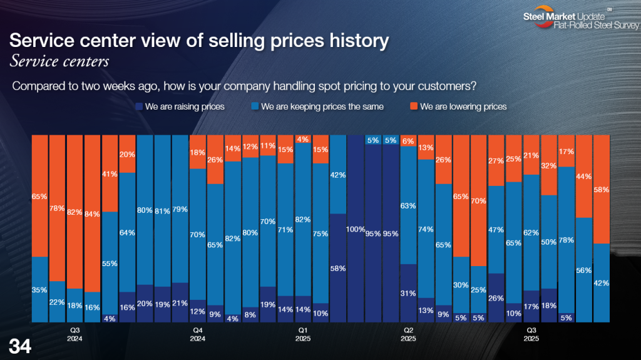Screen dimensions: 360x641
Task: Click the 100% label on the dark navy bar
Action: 355,229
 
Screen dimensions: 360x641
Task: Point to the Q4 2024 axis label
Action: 198,334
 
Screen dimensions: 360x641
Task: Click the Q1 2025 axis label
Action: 302,334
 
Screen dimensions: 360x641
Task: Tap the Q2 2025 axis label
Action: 407,334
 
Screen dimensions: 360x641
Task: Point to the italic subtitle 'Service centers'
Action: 59,61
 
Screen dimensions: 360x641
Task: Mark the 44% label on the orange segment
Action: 583,176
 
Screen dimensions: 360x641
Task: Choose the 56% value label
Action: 583,270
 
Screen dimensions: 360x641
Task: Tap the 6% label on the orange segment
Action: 408,141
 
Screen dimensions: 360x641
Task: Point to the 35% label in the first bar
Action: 39,290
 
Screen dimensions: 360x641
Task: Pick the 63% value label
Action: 408,205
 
